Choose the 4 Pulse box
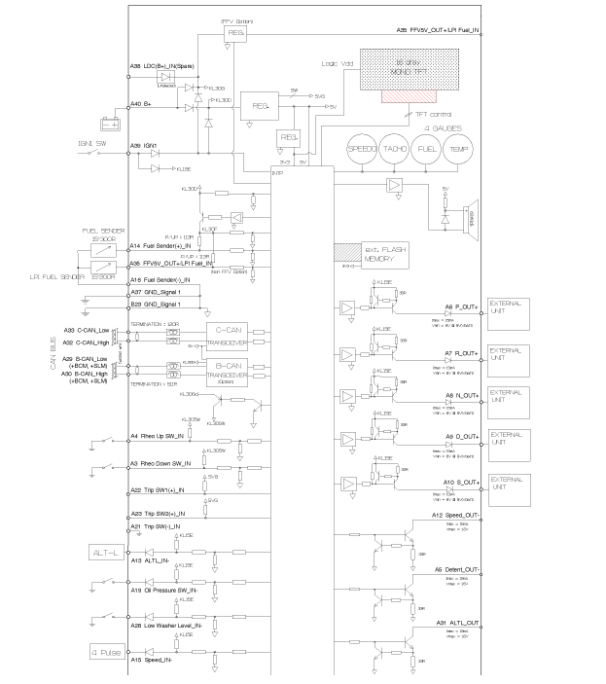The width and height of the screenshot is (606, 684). tap(107, 652)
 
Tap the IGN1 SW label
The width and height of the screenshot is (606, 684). tap(94, 145)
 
